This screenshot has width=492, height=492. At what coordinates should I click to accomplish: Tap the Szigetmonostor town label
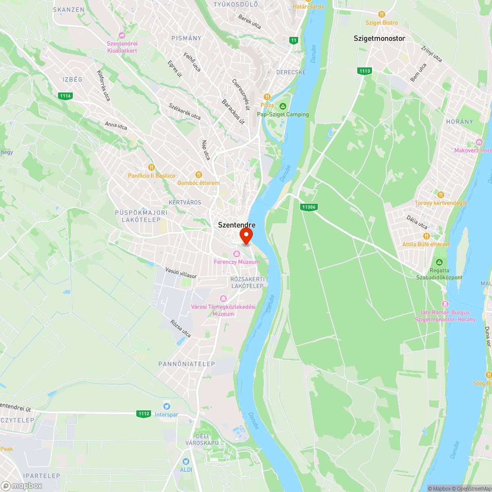(379, 38)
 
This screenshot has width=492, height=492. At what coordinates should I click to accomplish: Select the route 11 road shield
(294, 40)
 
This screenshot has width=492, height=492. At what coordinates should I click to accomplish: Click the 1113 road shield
(364, 71)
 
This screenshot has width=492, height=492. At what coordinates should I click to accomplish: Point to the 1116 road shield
(64, 95)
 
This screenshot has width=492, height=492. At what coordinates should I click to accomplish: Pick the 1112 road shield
(143, 414)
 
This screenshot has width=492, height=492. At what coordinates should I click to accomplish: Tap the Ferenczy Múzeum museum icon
(237, 254)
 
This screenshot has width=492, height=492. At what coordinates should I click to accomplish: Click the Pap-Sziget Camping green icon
(283, 106)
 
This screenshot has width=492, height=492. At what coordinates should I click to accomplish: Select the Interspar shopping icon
(166, 406)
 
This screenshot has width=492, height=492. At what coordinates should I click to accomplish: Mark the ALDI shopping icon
(185, 461)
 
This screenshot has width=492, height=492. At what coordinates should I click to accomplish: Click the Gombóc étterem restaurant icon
(199, 175)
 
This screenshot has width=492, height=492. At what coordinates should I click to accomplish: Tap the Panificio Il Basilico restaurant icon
(152, 167)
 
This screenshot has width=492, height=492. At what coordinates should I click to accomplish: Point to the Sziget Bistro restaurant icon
(381, 14)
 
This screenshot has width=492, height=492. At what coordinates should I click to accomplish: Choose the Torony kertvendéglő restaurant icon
(440, 195)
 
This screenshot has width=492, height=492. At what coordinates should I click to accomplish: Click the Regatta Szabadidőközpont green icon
(439, 262)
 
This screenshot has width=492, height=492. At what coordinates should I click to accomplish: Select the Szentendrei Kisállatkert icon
(123, 35)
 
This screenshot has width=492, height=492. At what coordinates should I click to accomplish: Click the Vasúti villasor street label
(181, 274)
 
